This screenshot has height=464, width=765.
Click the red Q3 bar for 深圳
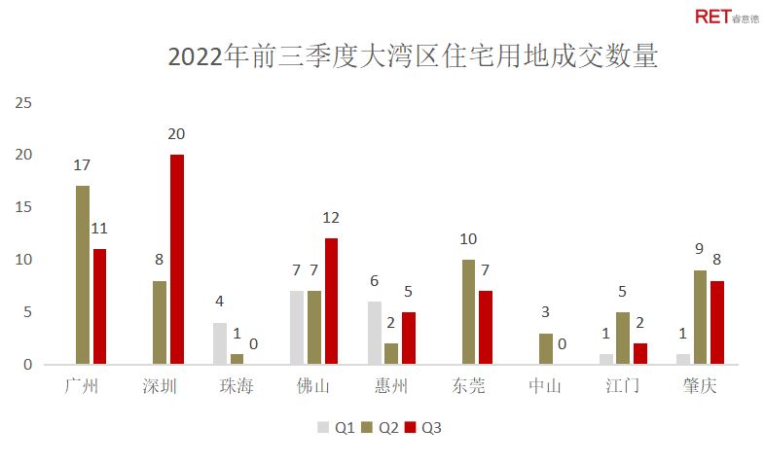[176, 260]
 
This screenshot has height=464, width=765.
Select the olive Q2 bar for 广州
[83, 275]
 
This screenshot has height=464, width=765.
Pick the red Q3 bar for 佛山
[331, 302]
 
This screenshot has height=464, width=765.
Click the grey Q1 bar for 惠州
[374, 333]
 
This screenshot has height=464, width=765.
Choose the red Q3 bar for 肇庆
[717, 322]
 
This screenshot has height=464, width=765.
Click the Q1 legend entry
[334, 426]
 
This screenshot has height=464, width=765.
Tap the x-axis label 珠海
[237, 386]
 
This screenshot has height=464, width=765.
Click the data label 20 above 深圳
[176, 134]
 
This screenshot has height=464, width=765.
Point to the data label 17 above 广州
[84, 165]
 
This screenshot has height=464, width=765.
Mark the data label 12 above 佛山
[331, 218]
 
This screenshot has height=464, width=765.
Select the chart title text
[414, 56]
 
